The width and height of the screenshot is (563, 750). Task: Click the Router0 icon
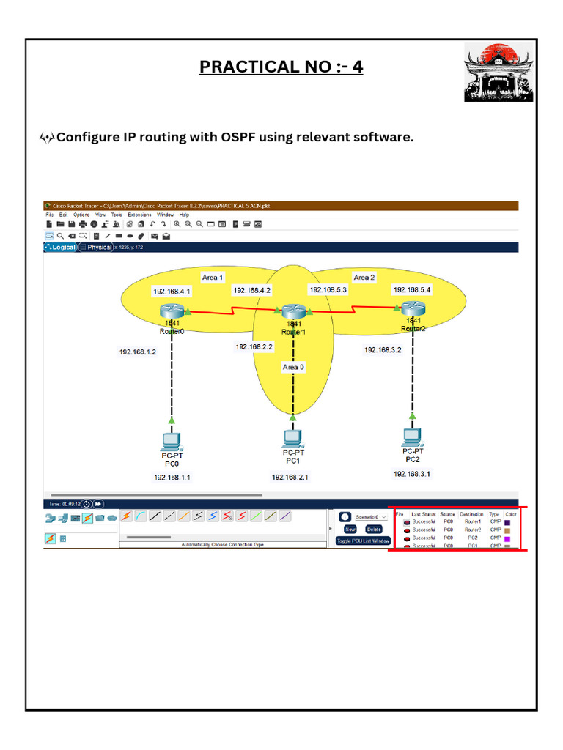(x=172, y=311)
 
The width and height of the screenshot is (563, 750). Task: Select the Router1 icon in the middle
(x=293, y=312)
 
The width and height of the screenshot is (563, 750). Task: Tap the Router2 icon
(x=413, y=310)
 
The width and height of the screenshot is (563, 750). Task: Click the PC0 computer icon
(x=172, y=441)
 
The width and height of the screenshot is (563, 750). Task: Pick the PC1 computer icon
(x=292, y=439)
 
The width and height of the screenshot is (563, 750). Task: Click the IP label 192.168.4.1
(x=172, y=292)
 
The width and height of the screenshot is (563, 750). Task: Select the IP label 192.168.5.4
(x=412, y=289)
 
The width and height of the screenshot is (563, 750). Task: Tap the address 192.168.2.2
(x=254, y=346)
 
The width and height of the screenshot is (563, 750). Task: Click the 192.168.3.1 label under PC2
(x=412, y=474)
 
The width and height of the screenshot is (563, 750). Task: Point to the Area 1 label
(x=213, y=278)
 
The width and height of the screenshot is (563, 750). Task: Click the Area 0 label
(x=295, y=366)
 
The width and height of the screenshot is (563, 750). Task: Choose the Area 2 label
(x=364, y=278)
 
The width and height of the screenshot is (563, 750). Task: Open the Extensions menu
(x=139, y=215)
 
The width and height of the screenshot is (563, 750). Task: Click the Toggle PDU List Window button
(x=364, y=541)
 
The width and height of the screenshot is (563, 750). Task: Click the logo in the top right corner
(x=498, y=72)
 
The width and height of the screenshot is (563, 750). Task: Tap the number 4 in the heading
(x=357, y=67)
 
